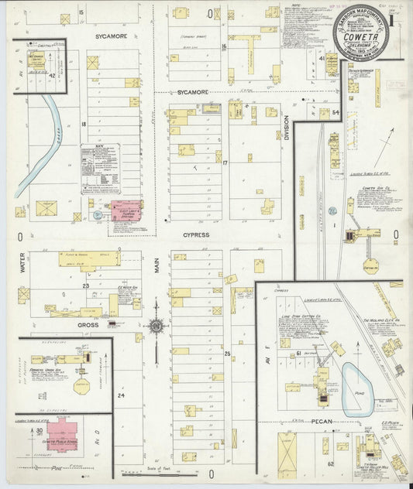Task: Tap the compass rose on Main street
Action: click(x=157, y=327)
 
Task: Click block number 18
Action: click(x=82, y=124)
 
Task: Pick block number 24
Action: click(x=120, y=395)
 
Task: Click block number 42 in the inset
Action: click(x=51, y=76)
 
